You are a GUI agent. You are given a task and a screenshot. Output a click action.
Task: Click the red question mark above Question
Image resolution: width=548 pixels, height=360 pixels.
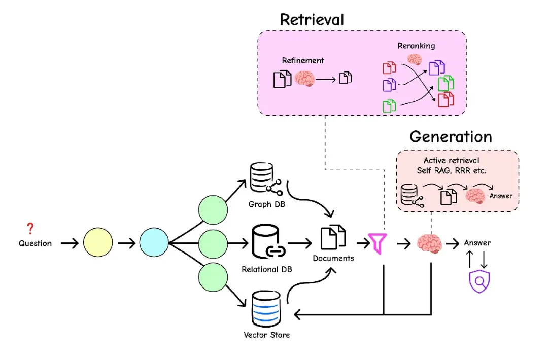31,229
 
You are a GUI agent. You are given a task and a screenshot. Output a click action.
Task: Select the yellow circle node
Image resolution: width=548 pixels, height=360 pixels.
98,243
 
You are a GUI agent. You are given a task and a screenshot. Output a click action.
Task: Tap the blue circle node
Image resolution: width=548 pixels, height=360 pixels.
154,243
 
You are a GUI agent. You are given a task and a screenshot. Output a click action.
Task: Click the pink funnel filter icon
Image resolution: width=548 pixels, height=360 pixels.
379,243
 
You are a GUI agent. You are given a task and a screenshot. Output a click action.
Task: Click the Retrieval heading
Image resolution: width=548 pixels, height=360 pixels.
312,20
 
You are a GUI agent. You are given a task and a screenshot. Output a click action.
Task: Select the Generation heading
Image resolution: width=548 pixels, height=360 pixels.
451,137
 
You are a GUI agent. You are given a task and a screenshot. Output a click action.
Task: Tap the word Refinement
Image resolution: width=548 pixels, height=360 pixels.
303,60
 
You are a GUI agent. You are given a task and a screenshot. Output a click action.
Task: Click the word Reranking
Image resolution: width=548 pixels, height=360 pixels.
416,46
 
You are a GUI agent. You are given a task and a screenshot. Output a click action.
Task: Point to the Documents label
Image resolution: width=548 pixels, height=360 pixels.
333,258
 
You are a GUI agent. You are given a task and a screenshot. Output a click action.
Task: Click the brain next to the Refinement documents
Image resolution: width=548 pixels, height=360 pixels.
306,79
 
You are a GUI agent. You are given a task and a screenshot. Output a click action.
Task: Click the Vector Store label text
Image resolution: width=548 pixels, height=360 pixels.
267,335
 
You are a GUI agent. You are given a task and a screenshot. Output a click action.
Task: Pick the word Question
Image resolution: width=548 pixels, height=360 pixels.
36,243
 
